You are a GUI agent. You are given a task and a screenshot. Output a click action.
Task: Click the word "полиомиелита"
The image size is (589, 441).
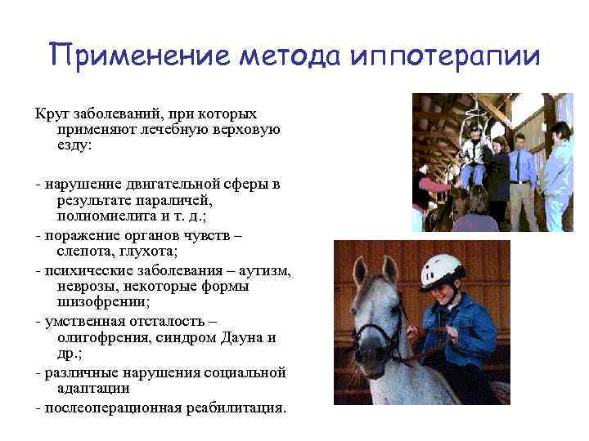102,216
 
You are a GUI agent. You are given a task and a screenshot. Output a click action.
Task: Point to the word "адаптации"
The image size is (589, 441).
93,390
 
